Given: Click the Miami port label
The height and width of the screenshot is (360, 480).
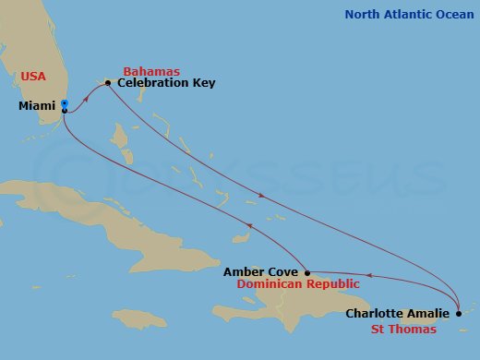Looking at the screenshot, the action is tap(37, 106).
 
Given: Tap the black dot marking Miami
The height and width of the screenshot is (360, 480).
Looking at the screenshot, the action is tap(64, 111).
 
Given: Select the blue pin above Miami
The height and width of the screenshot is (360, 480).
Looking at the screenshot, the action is tap(64, 104).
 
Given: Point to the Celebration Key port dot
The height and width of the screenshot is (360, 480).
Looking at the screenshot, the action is tap(109, 83).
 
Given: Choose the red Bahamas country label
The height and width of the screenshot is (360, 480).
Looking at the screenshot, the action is tap(150, 71).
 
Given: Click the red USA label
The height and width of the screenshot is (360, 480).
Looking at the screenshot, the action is tap(34, 76).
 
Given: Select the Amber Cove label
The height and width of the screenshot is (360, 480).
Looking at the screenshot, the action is tap(260, 272).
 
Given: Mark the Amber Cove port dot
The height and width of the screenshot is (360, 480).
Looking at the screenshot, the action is tap(306, 272).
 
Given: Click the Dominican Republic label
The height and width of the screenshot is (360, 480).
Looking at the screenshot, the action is tap(295, 285).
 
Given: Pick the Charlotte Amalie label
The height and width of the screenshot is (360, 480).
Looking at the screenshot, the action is tap(399, 313).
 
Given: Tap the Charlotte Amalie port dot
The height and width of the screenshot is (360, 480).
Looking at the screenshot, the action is tap(459, 313).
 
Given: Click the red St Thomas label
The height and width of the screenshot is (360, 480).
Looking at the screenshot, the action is tap(403, 328).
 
